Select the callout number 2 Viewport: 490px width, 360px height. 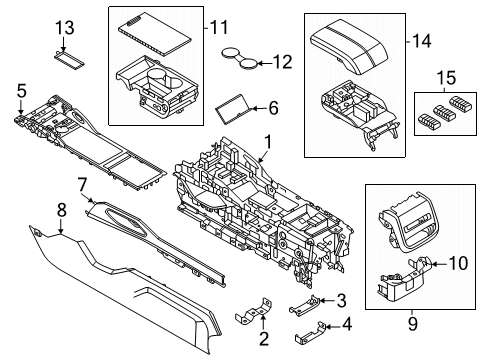[263, 339]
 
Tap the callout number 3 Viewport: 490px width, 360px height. [341, 299]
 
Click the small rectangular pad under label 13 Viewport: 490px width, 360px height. [67, 59]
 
